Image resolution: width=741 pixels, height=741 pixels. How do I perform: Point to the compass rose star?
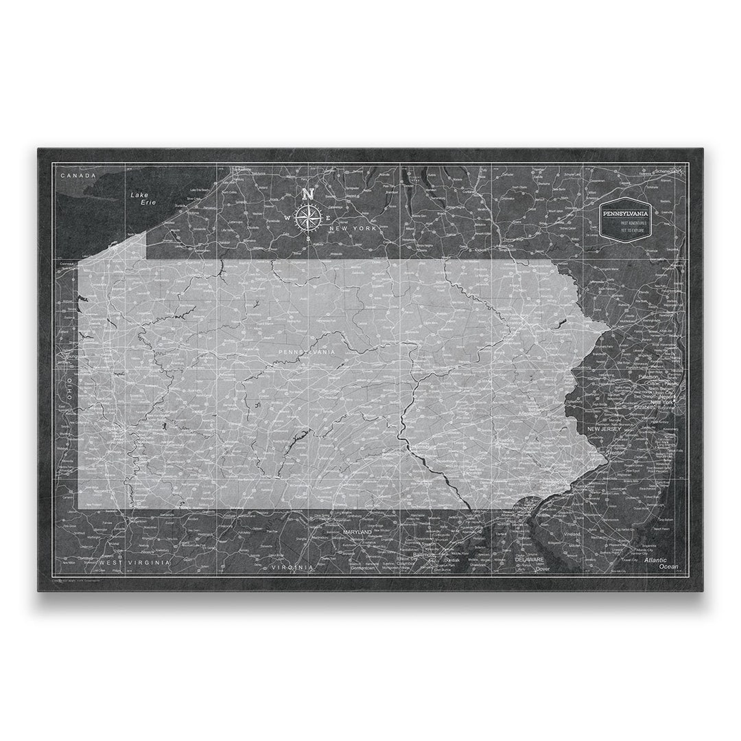pyautogui.click(x=308, y=218)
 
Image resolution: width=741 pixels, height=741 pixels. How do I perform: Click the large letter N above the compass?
pyautogui.click(x=308, y=194)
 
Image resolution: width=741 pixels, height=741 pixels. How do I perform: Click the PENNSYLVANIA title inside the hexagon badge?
pyautogui.click(x=624, y=214)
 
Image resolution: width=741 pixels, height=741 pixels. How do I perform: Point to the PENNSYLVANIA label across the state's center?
pyautogui.click(x=307, y=352)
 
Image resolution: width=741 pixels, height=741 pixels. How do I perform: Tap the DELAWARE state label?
pyautogui.click(x=529, y=560)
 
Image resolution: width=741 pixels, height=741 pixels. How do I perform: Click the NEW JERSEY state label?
pyautogui.click(x=604, y=429)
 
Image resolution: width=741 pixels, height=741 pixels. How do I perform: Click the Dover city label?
pyautogui.click(x=543, y=569)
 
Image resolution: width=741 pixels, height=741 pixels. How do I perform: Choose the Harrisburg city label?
pyautogui.click(x=423, y=446)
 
